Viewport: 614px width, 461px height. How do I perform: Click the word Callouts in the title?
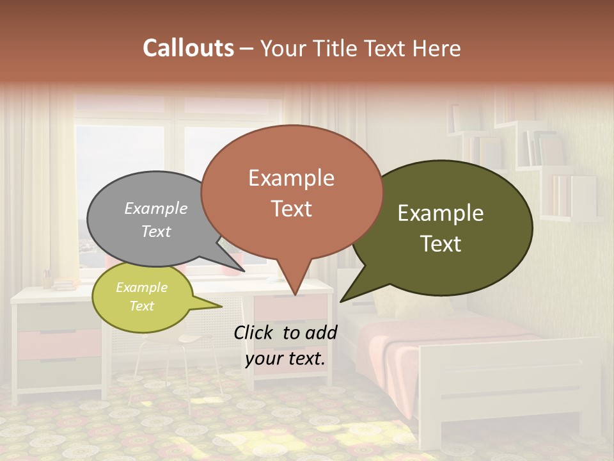[x=188, y=49]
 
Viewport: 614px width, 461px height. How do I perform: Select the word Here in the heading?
[x=437, y=49]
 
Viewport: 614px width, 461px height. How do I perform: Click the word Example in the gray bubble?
[x=156, y=208]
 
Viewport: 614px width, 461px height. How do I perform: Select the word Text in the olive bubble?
[x=441, y=244]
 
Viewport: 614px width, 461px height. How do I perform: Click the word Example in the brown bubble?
[x=291, y=178]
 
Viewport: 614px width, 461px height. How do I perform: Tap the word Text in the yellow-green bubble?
[x=142, y=306]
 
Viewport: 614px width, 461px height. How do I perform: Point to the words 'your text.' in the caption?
[x=285, y=359]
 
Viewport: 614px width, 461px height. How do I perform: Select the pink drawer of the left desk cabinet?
[x=58, y=344]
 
